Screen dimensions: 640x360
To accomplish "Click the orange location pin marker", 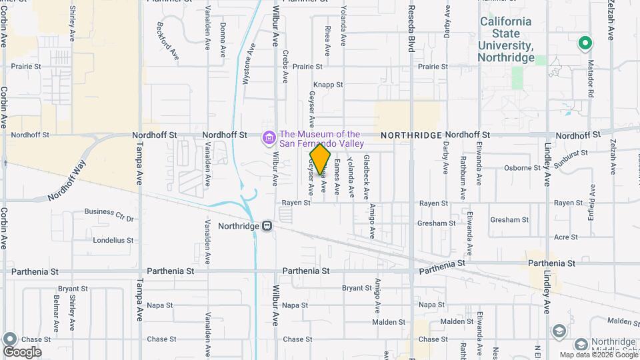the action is pos(321,159).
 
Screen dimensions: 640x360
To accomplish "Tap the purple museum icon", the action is pos(269,138).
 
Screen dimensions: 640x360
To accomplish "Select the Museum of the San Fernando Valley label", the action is pos(321,139).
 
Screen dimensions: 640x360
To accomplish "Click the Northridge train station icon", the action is pos(267,226).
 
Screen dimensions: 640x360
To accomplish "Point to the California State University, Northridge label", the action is pos(507,39).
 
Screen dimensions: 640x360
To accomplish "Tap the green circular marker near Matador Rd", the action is pos(585,44).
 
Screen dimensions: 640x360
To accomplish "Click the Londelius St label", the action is pos(113,240).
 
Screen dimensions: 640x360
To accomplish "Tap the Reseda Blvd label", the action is pos(411,30).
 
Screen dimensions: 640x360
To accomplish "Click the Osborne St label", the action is pos(521,167).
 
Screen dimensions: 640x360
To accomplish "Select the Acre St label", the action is pos(566,237).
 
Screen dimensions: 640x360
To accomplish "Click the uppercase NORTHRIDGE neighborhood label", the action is pos(411,135).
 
